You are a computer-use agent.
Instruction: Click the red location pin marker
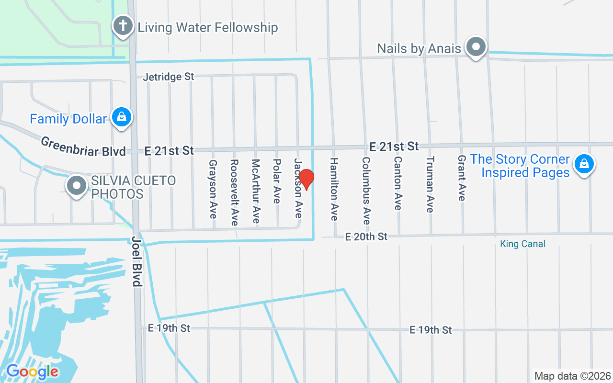tap(306, 179)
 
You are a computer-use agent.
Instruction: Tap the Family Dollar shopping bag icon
tap(122, 117)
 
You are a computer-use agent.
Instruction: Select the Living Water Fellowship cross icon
tap(123, 25)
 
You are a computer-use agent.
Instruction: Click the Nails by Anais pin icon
tap(476, 47)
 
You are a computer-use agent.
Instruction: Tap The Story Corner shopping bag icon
tap(584, 164)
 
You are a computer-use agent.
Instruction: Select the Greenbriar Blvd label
tap(83, 146)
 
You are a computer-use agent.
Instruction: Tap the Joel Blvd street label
tap(137, 261)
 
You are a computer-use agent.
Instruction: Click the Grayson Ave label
tap(213, 189)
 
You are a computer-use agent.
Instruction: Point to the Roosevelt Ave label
tap(234, 192)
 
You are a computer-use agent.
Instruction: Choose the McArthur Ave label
tap(255, 191)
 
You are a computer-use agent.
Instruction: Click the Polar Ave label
tap(276, 181)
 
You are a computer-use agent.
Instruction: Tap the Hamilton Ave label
tap(334, 189)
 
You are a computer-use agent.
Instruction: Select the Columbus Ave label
tap(366, 191)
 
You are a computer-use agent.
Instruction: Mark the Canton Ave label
tap(397, 182)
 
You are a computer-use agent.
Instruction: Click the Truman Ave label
tap(430, 184)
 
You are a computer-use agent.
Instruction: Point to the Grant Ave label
tap(462, 178)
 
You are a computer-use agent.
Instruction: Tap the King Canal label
tap(522, 244)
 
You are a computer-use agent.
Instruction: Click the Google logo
tap(32, 372)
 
